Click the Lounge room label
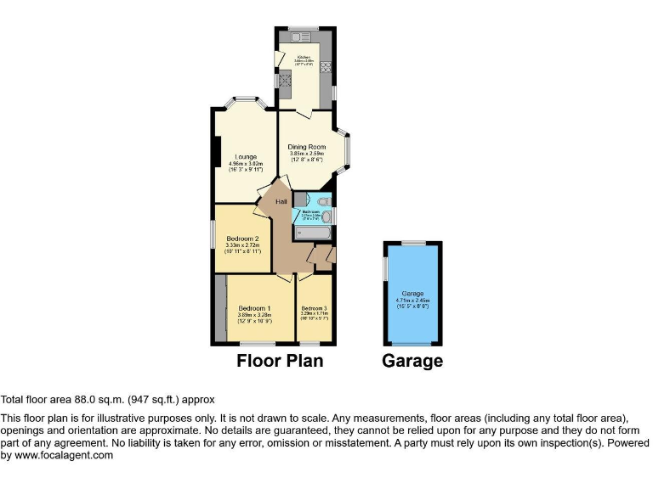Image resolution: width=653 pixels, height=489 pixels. [247, 157]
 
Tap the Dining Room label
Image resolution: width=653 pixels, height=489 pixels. [307, 146]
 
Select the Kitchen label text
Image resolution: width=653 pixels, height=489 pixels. [304, 56]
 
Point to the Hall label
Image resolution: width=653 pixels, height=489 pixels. [281, 201]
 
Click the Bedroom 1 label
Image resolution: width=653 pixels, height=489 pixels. [254, 307]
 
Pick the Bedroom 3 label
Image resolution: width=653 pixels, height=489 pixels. [314, 307]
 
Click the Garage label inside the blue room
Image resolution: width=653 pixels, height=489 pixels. [413, 294]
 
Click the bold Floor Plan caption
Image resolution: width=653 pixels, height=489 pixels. [280, 361]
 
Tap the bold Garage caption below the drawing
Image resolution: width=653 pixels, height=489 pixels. [412, 361]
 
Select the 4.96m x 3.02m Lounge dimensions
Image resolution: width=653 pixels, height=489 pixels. [247, 165]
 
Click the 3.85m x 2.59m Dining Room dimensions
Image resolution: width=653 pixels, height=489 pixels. [307, 154]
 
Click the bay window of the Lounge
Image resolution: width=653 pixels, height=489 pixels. [247, 102]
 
